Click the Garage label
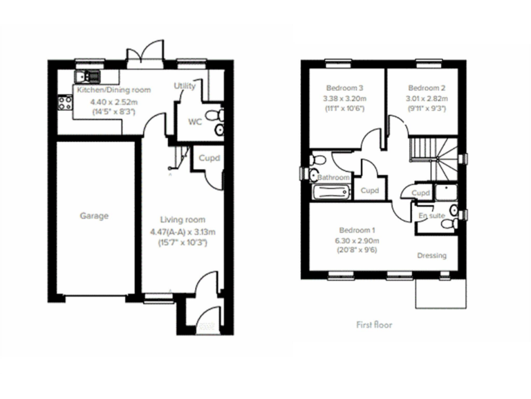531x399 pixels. pos(94,216)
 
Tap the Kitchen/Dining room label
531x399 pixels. pos(113,90)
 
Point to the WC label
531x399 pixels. pos(195,122)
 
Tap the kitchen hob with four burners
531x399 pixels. pos(66,104)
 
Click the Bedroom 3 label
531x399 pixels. pos(343,88)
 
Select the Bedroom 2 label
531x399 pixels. pos(427,88)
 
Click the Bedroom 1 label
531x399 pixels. pos(357,230)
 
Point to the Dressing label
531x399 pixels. pos(431,256)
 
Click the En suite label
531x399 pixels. pos(432,216)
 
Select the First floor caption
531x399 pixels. pos(374,324)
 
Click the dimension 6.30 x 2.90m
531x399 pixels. pos(357,240)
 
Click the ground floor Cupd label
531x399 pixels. pos(209,158)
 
